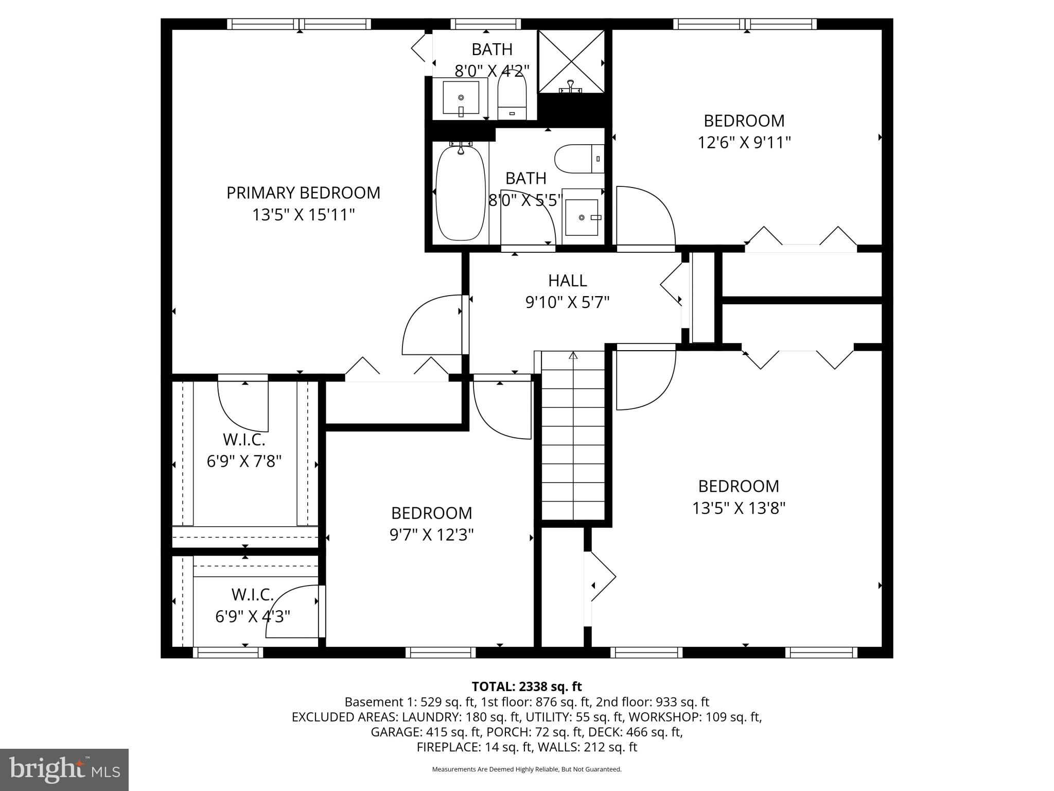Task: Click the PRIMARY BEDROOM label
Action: coord(303,193)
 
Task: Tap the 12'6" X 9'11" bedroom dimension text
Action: coord(744,143)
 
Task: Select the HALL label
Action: coord(567,281)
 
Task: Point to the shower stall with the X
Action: coord(571,61)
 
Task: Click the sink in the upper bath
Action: coord(461,98)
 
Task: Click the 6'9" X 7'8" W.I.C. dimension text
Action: coord(244,461)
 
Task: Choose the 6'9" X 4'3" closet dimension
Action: coord(252,616)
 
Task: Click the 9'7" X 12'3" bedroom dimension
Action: coord(431,536)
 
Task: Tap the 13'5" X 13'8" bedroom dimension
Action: coord(739,509)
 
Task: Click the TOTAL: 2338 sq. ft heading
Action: coord(526,686)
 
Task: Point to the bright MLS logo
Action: coord(64,770)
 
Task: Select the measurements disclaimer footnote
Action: coord(526,769)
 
